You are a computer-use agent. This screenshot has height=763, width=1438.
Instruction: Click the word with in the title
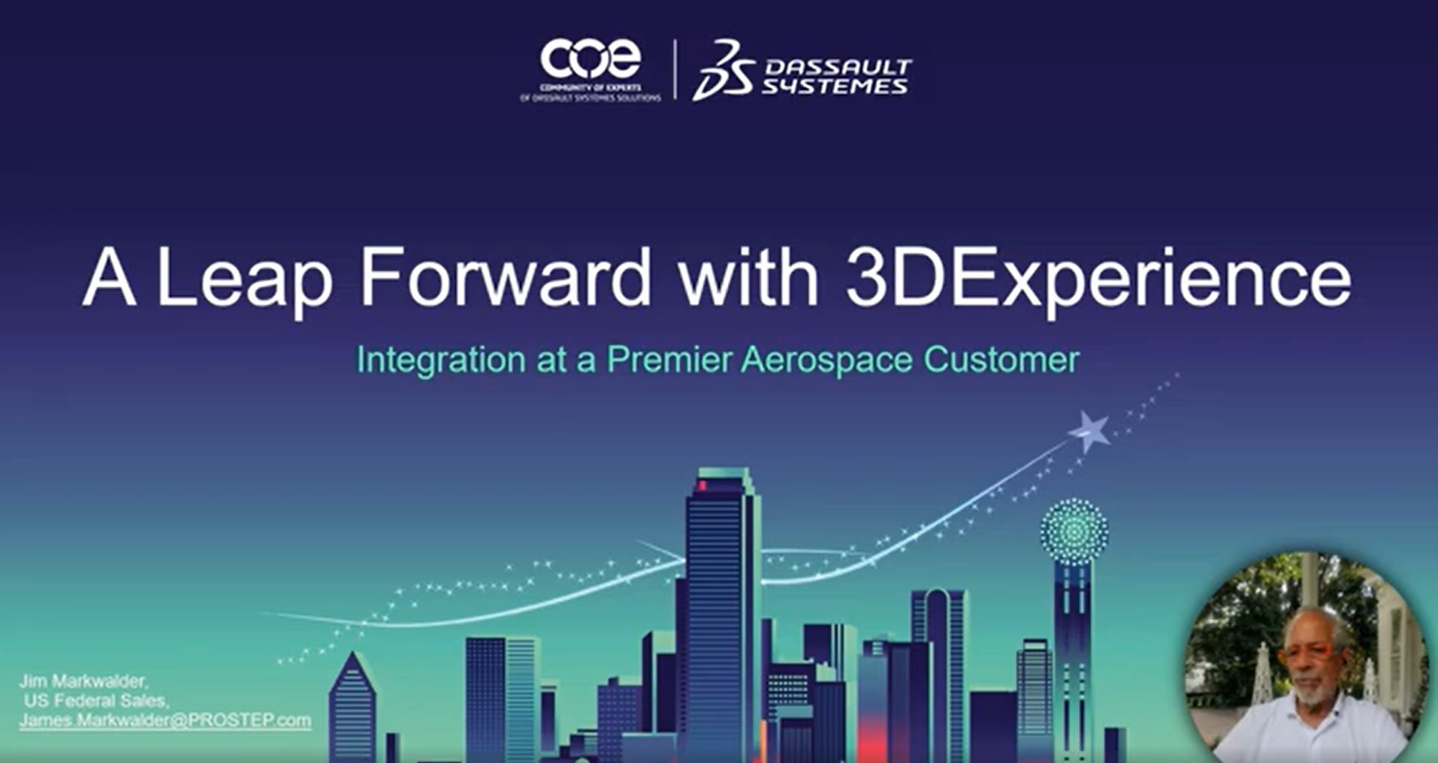click(x=748, y=278)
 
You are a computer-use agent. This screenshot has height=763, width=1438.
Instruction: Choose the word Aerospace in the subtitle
click(x=826, y=360)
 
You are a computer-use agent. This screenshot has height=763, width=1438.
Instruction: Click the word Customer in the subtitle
click(x=1001, y=360)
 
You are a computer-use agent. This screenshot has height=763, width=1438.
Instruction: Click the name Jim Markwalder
click(x=83, y=681)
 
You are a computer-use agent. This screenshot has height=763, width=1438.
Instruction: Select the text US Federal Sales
click(x=95, y=701)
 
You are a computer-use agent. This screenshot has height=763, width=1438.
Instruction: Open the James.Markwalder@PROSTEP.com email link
click(x=165, y=720)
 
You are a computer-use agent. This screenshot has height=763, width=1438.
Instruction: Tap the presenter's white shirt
click(x=1311, y=732)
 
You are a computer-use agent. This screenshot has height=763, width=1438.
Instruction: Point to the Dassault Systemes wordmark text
click(x=835, y=77)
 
